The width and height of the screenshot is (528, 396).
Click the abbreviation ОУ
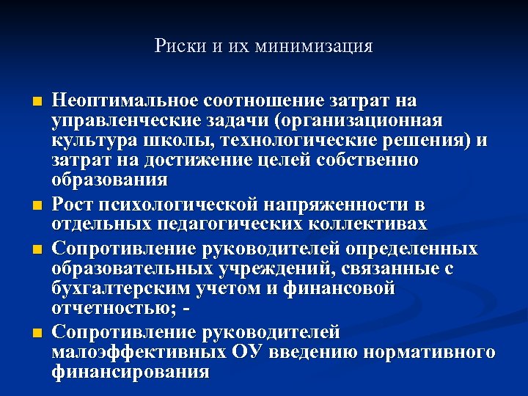click(251, 352)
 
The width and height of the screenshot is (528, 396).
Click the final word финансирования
click(131, 372)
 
